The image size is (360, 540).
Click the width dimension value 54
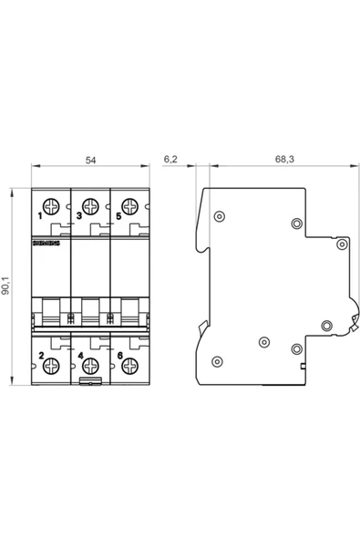(90, 160)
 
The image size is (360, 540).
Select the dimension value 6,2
(170, 160)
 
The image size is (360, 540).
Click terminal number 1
(40, 217)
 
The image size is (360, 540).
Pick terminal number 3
(78, 217)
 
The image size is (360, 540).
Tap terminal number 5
(118, 217)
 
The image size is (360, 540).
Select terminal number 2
(40, 353)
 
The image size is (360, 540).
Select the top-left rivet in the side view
(219, 216)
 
